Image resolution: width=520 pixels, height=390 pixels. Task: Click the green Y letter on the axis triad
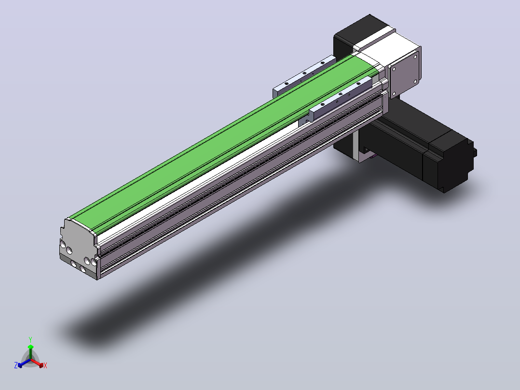(x=30, y=339)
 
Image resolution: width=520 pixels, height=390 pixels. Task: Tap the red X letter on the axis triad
(x=45, y=365)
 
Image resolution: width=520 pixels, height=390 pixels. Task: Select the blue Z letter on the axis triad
(x=16, y=365)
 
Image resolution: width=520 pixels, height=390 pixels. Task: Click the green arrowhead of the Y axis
(x=30, y=347)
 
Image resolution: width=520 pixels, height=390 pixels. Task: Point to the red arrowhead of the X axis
(x=41, y=365)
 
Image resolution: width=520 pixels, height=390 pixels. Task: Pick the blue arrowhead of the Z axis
(x=20, y=365)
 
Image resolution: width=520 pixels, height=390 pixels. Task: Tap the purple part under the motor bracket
(x=374, y=155)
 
